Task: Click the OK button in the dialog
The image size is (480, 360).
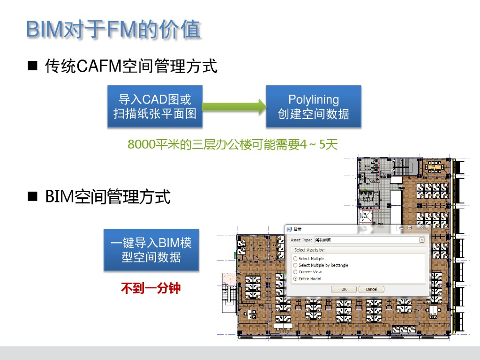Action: coord(344,289)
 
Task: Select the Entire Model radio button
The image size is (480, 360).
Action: coord(295,279)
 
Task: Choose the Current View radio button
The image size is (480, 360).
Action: coord(295,272)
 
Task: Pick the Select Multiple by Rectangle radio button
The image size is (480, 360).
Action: coord(295,265)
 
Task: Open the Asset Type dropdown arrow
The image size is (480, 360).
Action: coord(422,240)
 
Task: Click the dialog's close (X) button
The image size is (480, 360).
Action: coord(421,228)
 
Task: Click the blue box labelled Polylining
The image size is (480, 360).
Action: coord(314,106)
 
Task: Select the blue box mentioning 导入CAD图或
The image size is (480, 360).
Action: coord(155,106)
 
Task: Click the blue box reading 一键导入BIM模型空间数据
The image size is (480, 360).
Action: coord(151,250)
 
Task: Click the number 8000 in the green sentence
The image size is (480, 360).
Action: coord(141,144)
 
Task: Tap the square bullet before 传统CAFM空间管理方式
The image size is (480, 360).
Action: coord(32,67)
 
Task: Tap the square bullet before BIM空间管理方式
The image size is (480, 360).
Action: coord(32,197)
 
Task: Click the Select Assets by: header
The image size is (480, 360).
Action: coord(309,250)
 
